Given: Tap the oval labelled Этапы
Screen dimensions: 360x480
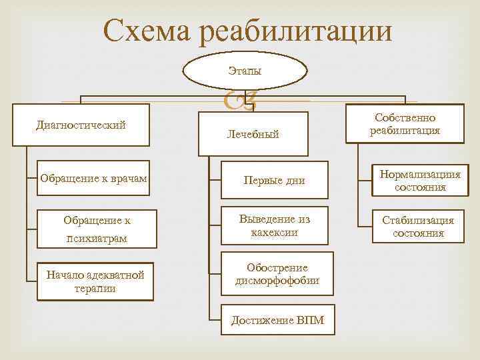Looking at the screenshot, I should pyautogui.click(x=245, y=69).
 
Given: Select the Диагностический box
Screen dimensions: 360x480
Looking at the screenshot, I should pyautogui.click(x=81, y=124).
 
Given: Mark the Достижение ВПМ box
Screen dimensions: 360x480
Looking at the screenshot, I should pyautogui.click(x=277, y=321).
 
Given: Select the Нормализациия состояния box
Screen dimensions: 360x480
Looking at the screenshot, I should pyautogui.click(x=420, y=181).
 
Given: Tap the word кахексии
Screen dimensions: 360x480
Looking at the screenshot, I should pyautogui.click(x=275, y=233).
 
